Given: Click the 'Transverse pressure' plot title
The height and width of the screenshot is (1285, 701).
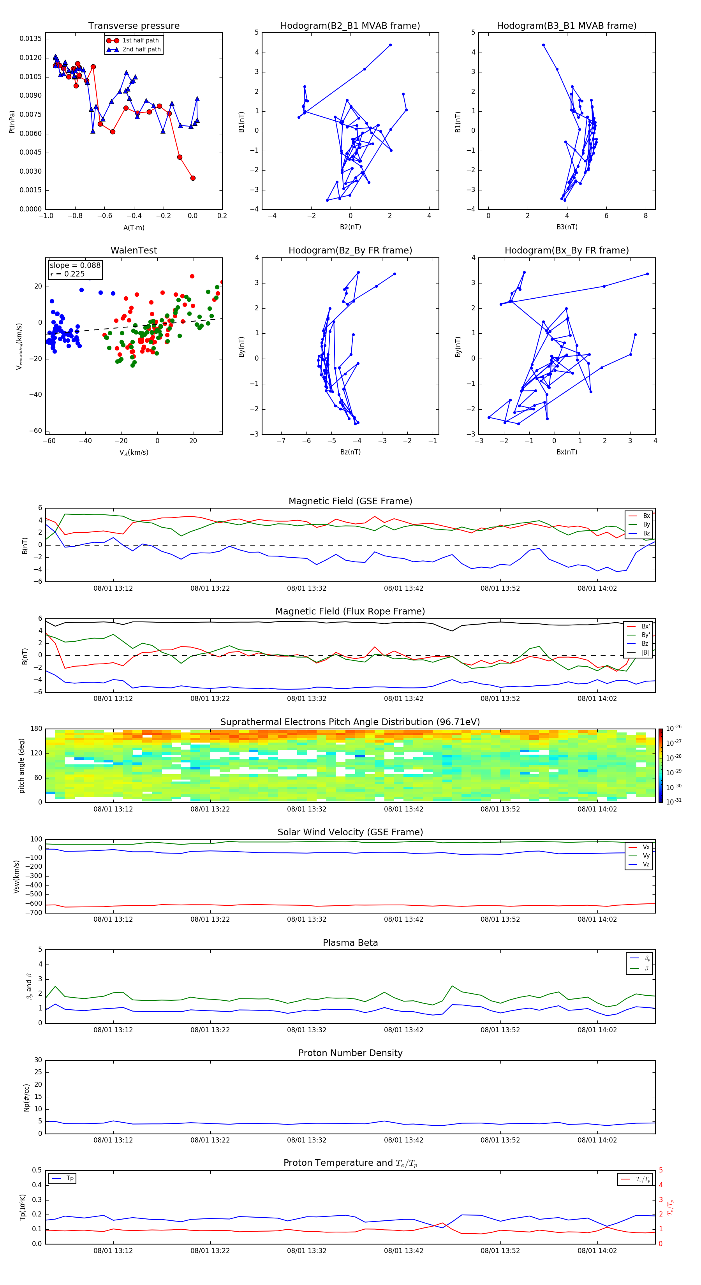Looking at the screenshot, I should pos(134,26).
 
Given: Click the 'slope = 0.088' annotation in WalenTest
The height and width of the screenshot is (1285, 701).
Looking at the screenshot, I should pos(75,266).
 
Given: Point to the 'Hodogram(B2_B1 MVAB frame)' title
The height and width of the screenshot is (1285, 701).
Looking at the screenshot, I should pos(350,26).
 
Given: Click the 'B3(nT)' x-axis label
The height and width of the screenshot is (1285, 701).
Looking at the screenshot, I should pos(567,227).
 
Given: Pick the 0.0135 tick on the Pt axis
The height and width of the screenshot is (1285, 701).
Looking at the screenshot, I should pos(31,39).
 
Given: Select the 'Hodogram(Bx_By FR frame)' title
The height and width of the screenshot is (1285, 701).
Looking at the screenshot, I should pos(566,250).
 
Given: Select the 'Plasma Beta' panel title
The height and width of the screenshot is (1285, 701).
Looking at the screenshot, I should pos(350,943).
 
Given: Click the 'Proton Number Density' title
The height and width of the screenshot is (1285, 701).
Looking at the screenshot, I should pos(350,1053).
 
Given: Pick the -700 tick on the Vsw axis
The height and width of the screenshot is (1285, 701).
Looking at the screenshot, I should pos(35,913).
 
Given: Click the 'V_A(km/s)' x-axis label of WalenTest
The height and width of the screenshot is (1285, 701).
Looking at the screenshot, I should pos(134,452).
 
